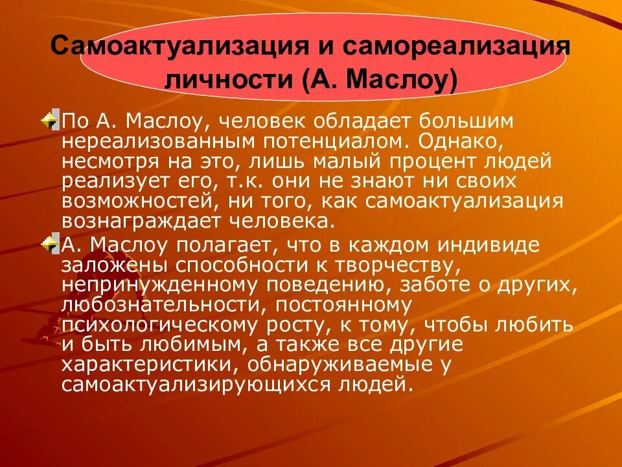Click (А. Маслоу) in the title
coord(378,81)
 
